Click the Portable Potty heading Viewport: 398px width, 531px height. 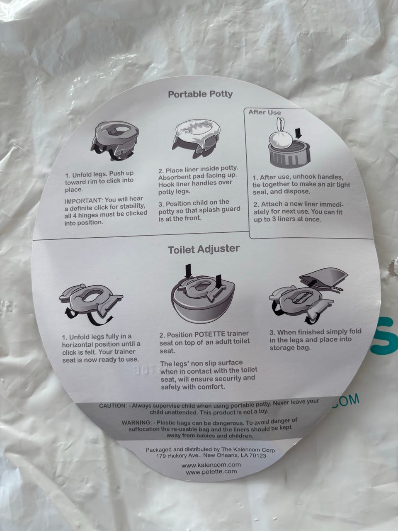tap(200, 94)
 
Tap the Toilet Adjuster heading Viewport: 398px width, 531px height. tap(204, 249)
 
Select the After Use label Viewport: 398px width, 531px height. tap(265, 112)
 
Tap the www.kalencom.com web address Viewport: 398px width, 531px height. tap(211, 465)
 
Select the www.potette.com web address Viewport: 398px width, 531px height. tap(211, 472)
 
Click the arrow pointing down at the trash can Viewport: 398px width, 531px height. tap(298, 133)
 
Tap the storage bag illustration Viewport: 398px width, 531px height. tap(323, 278)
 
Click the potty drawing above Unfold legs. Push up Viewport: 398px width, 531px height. tap(115, 141)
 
